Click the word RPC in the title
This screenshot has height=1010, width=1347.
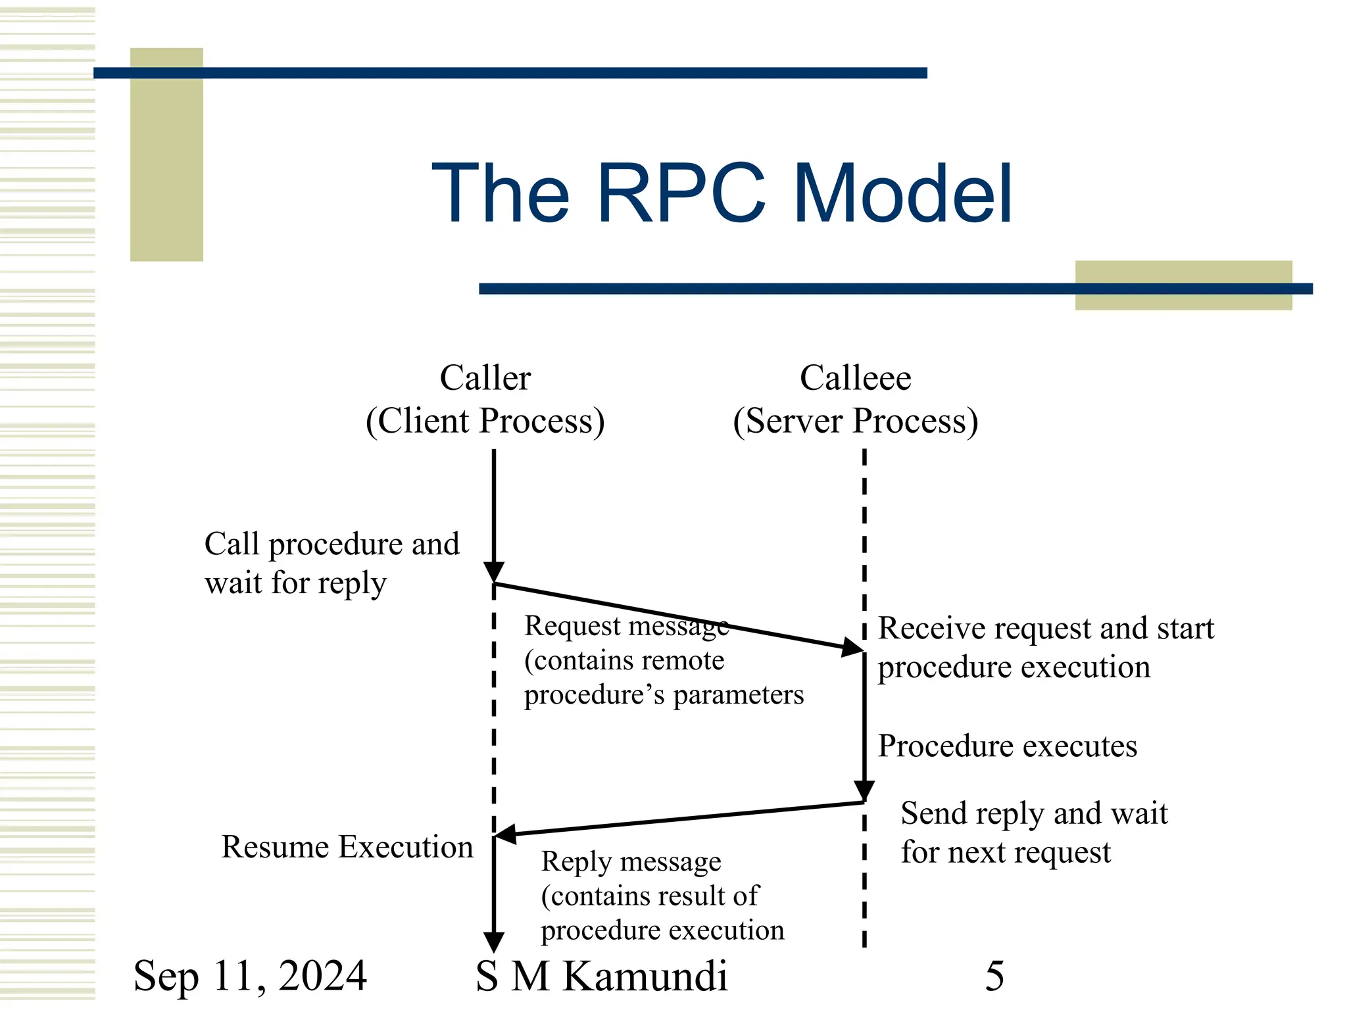tap(681, 194)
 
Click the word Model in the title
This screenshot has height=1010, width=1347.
tap(902, 194)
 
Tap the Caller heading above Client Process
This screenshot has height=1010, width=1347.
tap(485, 378)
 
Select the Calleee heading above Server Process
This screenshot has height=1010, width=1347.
tap(855, 378)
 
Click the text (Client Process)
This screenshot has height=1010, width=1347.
tap(485, 421)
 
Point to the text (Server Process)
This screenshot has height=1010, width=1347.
tap(855, 421)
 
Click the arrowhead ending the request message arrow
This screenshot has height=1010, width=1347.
tap(854, 647)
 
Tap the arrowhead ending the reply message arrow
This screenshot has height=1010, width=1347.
tap(505, 834)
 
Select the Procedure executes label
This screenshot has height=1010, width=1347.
tap(1007, 746)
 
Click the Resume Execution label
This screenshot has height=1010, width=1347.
tap(347, 847)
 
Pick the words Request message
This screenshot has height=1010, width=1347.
tap(626, 626)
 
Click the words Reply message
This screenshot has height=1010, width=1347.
tap(631, 861)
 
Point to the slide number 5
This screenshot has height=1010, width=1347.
tap(994, 976)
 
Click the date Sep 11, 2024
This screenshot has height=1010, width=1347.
tap(250, 976)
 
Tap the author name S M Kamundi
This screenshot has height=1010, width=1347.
tap(601, 976)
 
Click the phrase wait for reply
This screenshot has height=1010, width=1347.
tap(295, 583)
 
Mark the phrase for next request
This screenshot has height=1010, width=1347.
tap(1005, 853)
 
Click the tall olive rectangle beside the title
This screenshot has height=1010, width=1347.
tap(166, 155)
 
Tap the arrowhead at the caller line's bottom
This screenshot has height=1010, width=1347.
tap(493, 942)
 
